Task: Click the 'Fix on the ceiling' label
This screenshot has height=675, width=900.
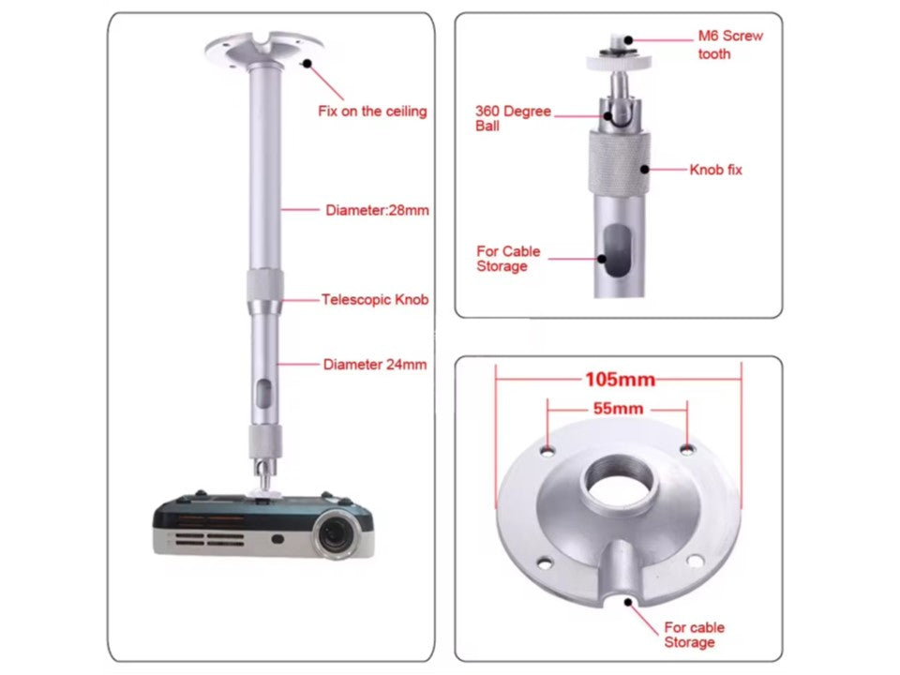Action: [372, 112]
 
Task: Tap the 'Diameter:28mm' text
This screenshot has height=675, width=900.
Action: [377, 210]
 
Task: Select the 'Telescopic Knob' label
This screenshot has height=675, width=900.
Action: [375, 300]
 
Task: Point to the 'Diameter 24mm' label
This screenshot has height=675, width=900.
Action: [375, 364]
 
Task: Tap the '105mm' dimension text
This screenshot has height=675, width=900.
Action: [620, 380]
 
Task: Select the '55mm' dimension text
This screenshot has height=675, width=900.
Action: [618, 409]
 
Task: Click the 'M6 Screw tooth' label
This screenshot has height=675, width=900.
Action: [729, 45]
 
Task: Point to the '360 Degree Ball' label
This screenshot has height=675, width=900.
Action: [513, 118]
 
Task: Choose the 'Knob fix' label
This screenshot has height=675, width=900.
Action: [715, 170]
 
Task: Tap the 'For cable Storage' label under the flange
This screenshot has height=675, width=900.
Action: [694, 635]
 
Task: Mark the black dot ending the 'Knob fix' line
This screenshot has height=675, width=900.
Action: [646, 171]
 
